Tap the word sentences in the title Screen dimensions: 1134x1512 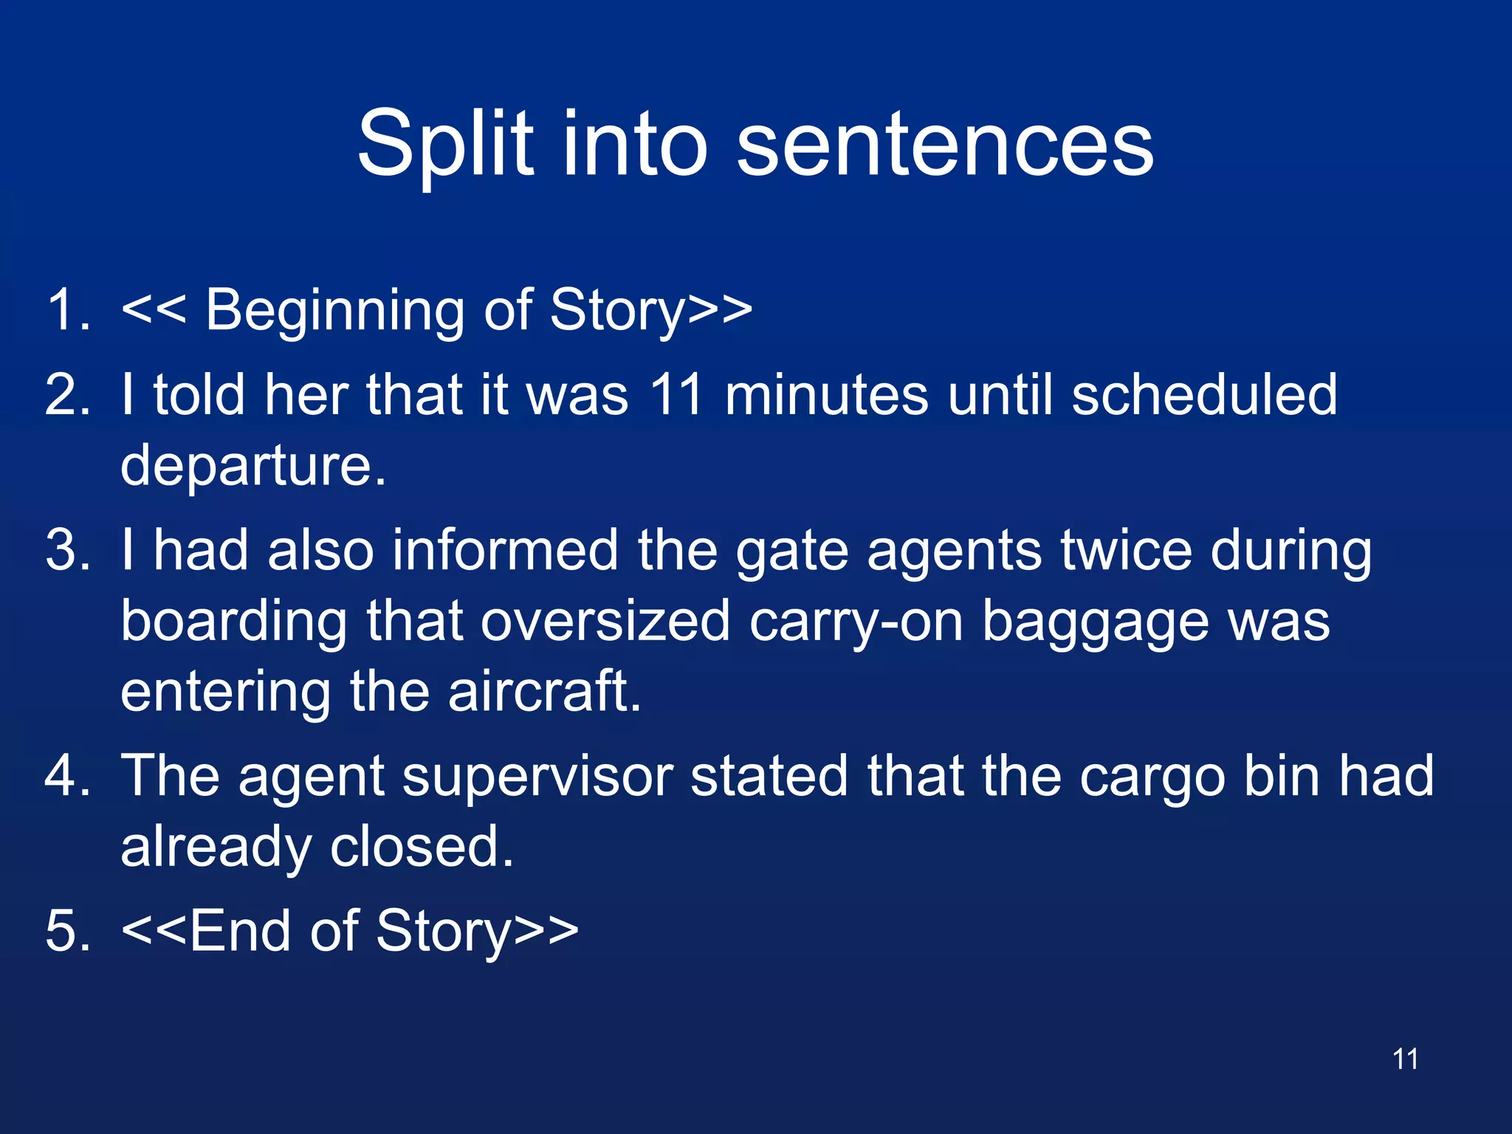(945, 144)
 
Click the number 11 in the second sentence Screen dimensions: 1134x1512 (676, 395)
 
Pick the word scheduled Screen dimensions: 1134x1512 (1204, 395)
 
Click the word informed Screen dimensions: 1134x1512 (505, 551)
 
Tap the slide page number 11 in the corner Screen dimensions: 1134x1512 (1405, 1059)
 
